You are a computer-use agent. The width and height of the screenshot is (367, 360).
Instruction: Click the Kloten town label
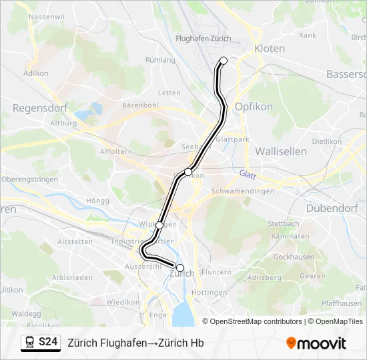pos(269,49)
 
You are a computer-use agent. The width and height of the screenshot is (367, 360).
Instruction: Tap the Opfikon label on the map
pos(251,107)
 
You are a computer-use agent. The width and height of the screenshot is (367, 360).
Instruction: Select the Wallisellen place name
pos(281,151)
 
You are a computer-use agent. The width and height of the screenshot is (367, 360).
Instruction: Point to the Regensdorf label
pos(37,107)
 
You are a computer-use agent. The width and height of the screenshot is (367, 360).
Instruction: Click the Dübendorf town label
pos(333,208)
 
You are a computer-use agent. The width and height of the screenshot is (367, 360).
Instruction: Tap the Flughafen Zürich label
pos(203,39)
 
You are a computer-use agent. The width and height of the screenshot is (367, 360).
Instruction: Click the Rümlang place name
pos(160,60)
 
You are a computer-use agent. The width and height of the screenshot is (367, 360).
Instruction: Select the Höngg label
pos(97,201)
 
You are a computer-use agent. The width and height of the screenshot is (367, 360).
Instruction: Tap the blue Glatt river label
pos(248,174)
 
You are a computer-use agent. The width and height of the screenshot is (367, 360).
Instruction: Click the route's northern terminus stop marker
pos(224,61)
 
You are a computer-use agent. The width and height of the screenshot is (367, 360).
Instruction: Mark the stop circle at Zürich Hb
pos(180,267)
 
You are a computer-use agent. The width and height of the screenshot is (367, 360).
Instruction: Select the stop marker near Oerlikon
pos(188,172)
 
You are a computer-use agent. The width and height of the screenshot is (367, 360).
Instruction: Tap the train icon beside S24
pos(30,343)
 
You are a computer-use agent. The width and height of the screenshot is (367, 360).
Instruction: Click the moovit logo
pos(316,343)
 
